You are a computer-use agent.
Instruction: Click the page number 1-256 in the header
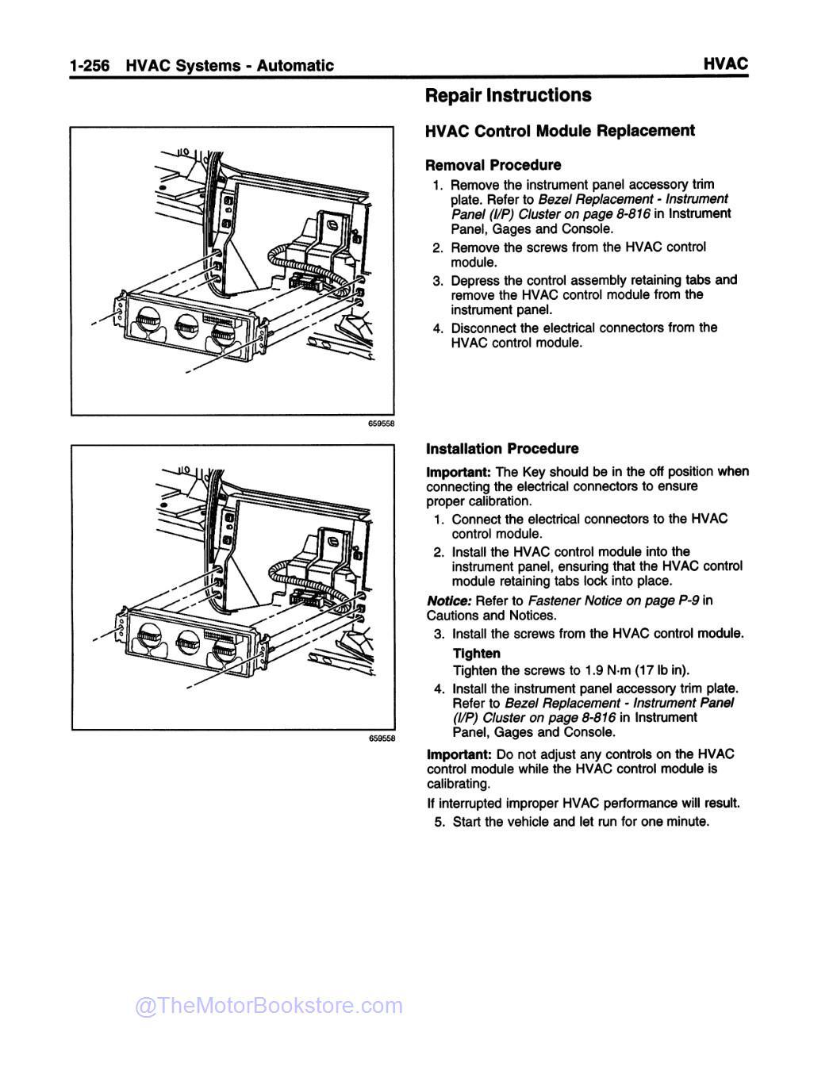92,66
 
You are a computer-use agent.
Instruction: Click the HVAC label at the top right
725,64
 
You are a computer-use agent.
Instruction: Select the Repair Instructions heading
508,96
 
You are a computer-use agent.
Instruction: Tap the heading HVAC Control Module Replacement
560,131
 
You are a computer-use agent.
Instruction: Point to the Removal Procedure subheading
493,165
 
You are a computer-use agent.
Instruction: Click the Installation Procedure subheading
502,448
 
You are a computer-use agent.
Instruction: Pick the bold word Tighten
476,654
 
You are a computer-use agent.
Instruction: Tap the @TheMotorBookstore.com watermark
269,1006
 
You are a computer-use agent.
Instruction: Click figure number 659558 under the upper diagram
381,423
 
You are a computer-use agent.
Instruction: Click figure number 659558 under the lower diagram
381,738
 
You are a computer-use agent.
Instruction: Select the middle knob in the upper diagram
186,324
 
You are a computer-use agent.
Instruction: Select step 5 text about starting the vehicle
580,822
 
